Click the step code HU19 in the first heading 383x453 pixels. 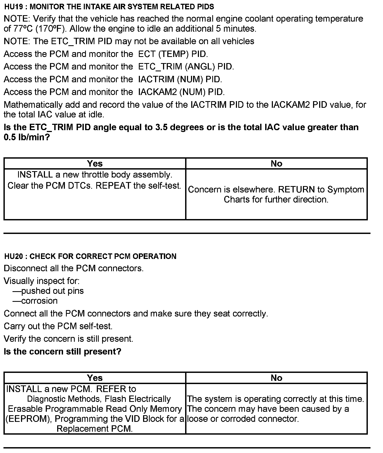(13, 7)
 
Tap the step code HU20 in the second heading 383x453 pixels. (14, 256)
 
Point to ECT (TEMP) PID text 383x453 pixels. (173, 54)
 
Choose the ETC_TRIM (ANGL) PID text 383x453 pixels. (186, 67)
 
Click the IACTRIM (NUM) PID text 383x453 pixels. (180, 79)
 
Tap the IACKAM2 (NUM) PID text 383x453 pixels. (181, 92)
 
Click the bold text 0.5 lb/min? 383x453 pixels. (27, 137)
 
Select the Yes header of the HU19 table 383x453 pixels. (95, 163)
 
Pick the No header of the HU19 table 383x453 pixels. (276, 163)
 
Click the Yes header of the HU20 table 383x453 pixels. (95, 378)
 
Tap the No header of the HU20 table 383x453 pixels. (276, 378)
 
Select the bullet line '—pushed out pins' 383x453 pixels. (48, 291)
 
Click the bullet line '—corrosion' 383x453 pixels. (35, 301)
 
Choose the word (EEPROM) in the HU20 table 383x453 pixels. (29, 419)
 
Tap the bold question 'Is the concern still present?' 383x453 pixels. (63, 352)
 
